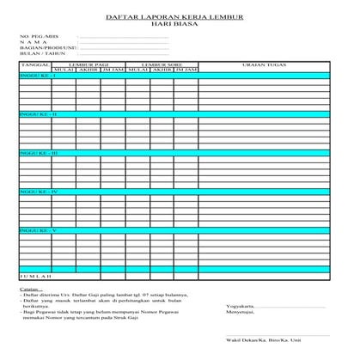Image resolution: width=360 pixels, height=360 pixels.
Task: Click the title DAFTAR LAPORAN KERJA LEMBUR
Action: pyautogui.click(x=180, y=16)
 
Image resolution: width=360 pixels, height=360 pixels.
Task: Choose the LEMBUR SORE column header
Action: pyautogui.click(x=161, y=64)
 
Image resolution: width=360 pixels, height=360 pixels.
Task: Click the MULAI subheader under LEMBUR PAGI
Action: pyautogui.click(x=64, y=70)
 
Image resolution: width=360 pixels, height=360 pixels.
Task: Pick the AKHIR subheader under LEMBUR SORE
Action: pyautogui.click(x=161, y=70)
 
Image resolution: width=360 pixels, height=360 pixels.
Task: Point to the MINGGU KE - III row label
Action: pyautogui.click(x=38, y=153)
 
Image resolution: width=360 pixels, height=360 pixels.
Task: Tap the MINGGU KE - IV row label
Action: pyautogui.click(x=38, y=192)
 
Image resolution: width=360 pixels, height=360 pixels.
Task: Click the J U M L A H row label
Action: pyautogui.click(x=35, y=278)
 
